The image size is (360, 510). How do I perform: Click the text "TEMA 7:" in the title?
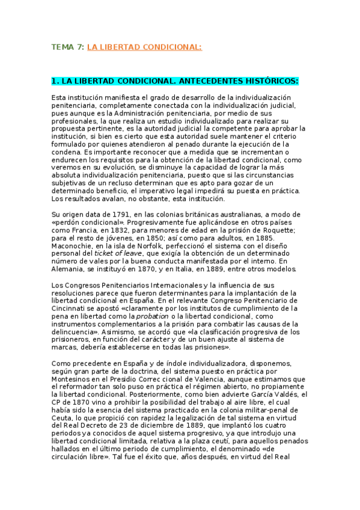pyautogui.click(x=67, y=47)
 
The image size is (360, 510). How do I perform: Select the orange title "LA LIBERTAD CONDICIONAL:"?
pyautogui.click(x=144, y=47)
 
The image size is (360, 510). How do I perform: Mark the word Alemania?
pyautogui.click(x=70, y=269)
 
